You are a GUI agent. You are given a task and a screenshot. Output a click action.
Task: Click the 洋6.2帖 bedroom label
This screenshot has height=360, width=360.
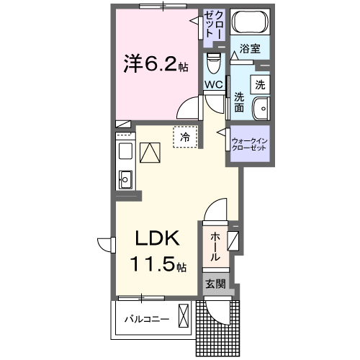click(155, 65)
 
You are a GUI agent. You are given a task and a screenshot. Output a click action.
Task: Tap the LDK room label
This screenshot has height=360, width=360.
click(154, 240)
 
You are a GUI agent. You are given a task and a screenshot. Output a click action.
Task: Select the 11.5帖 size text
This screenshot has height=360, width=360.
click(158, 264)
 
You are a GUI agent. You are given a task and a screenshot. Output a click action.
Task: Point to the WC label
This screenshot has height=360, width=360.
click(214, 84)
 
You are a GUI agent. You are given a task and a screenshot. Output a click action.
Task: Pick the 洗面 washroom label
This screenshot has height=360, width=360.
click(239, 102)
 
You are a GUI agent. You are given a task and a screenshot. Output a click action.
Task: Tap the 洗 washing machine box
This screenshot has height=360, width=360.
click(259, 84)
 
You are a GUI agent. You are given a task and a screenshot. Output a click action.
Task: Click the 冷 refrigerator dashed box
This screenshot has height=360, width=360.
click(185, 137)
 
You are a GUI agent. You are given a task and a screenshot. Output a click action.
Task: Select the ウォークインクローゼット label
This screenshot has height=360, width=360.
click(248, 143)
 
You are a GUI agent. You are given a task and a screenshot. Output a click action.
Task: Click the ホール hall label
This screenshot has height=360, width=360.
click(216, 247)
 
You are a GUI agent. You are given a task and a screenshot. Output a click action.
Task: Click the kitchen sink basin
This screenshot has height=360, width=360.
click(125, 178)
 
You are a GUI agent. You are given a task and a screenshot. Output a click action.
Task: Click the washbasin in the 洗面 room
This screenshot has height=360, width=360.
click(260, 108)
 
